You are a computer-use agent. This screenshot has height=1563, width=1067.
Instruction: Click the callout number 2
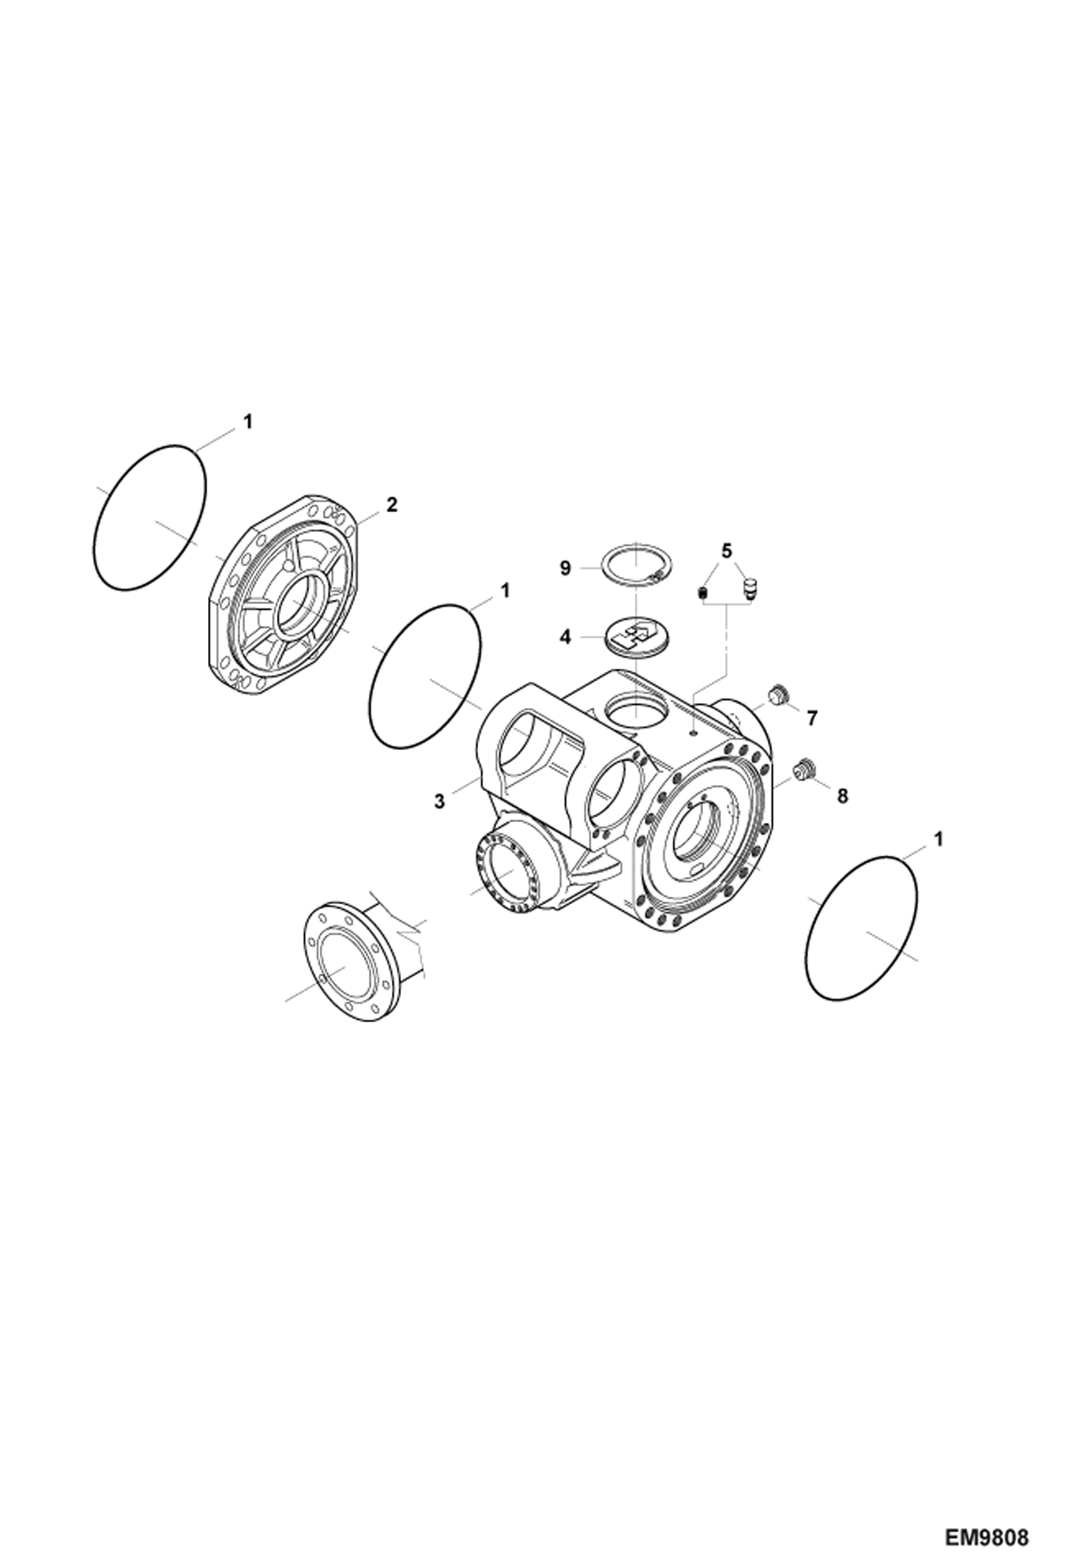[x=392, y=504]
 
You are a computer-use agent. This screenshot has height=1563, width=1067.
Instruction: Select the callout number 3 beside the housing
[x=439, y=801]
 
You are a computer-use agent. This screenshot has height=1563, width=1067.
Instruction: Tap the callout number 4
[x=565, y=636]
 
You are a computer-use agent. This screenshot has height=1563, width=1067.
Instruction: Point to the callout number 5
[x=726, y=551]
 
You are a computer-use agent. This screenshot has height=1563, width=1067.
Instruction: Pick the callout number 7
[x=813, y=717]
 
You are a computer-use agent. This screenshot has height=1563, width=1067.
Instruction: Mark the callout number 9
[x=565, y=568]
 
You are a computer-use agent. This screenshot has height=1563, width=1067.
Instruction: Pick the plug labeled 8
[x=804, y=768]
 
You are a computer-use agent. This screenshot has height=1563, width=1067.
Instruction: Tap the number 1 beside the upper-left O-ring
[x=247, y=422]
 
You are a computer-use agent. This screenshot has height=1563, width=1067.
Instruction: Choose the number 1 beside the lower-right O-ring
[x=938, y=839]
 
